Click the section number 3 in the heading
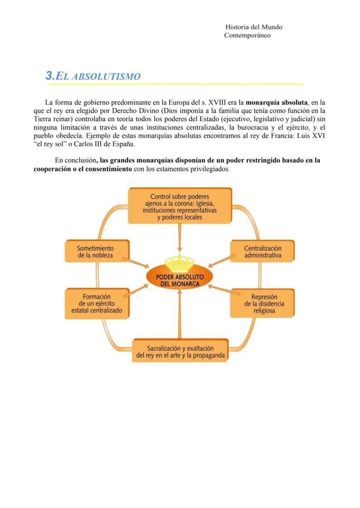(x=49, y=76)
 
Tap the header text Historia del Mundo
(x=254, y=27)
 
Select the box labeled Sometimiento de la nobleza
(x=95, y=252)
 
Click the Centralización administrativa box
(x=262, y=252)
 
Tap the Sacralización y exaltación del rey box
(x=180, y=352)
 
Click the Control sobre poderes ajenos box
(x=180, y=207)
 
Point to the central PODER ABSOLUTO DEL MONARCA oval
(x=180, y=279)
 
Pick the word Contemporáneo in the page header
(x=247, y=35)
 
